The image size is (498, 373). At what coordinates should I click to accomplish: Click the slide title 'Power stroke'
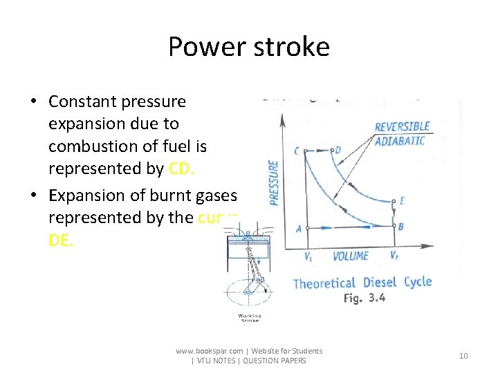point(249,47)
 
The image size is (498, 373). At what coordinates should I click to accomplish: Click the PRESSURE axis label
point(273,182)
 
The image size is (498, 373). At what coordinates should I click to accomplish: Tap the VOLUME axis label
point(351,256)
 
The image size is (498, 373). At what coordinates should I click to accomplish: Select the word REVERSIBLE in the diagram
point(403,127)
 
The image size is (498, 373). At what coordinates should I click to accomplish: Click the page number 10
point(463,356)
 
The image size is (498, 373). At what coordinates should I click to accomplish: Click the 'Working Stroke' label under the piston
point(250,318)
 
